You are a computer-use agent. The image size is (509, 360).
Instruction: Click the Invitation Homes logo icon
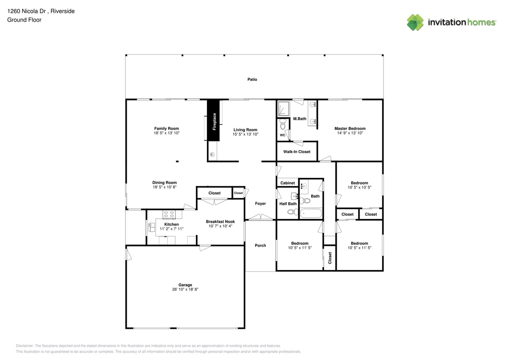(415, 23)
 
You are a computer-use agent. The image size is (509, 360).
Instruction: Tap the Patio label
(252, 79)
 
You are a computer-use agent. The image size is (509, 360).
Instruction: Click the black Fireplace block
(213, 121)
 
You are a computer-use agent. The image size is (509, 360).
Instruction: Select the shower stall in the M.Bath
(283, 109)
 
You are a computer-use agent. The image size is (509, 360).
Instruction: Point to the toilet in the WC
(282, 125)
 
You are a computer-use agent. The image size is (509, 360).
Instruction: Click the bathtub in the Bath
(311, 212)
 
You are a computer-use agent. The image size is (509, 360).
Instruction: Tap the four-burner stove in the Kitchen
(169, 215)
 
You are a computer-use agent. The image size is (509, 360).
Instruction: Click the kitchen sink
(151, 227)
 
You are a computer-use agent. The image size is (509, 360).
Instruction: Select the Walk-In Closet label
(297, 151)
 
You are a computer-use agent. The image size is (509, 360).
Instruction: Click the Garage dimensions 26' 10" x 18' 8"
(185, 289)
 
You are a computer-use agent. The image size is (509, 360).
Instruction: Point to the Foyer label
(260, 203)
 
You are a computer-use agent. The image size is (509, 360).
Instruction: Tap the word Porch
(260, 245)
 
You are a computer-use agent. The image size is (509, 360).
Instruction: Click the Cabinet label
(288, 183)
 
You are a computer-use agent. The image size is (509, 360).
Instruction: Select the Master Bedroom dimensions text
(350, 133)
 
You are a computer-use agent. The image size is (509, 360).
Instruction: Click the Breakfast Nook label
(220, 221)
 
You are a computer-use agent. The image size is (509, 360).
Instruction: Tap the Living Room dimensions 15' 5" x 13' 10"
(245, 134)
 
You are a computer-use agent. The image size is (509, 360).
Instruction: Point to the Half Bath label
(288, 204)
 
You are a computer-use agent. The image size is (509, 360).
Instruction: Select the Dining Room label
(164, 183)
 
